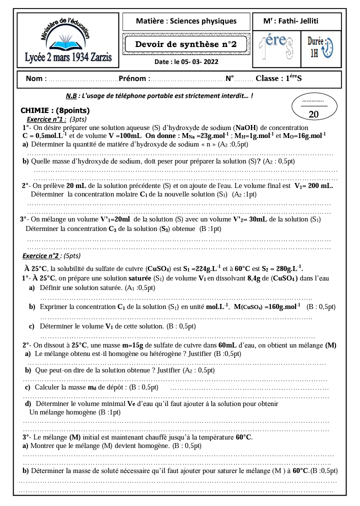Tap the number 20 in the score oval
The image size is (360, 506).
click(314, 114)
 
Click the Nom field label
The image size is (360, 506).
click(36, 78)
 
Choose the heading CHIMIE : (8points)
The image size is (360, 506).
click(55, 110)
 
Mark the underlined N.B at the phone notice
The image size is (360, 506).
click(71, 96)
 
